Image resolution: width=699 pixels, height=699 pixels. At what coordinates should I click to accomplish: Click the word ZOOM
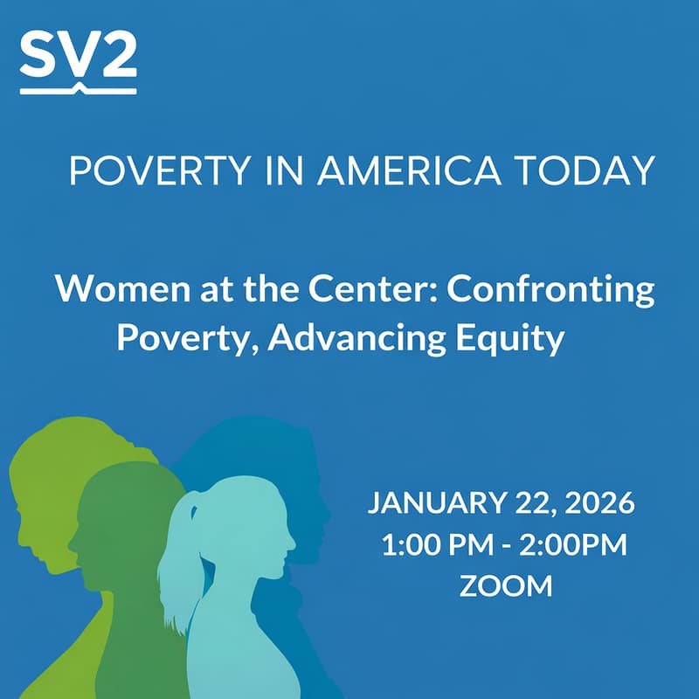point(506,585)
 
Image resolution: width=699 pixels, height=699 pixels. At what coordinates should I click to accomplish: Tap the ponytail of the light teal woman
point(178,559)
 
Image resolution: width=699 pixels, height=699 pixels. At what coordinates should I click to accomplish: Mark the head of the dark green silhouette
point(131,507)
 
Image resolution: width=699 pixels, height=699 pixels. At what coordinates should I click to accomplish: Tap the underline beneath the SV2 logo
point(78,88)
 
